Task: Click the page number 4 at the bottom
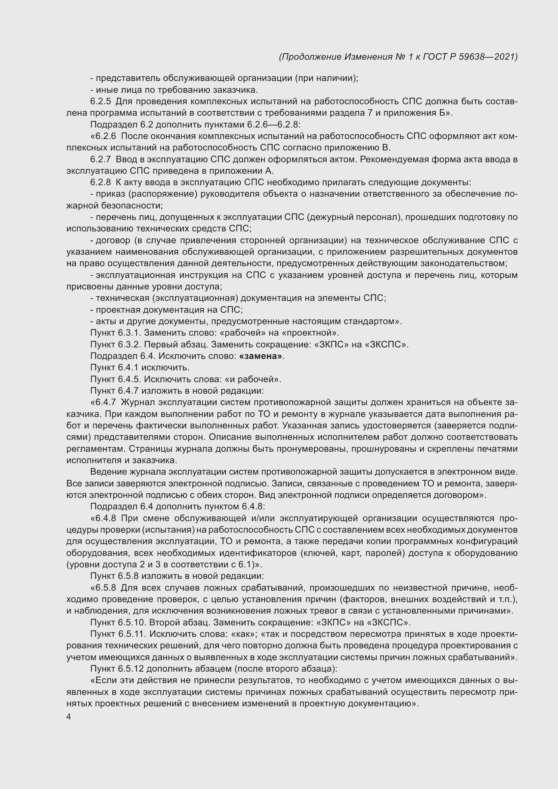(x=69, y=717)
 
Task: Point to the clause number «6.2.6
(x=104, y=136)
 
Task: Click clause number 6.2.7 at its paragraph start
(x=101, y=160)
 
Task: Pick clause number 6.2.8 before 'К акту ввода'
(x=101, y=182)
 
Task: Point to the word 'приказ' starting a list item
(x=111, y=194)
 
